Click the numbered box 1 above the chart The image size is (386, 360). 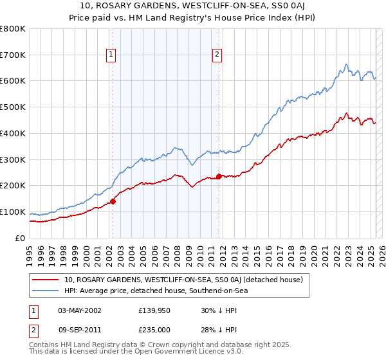pos(111,55)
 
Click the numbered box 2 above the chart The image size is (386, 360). pos(217,55)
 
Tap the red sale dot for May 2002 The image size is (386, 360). pos(113,201)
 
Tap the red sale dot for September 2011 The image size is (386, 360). pos(219,176)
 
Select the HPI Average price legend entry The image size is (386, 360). pos(155,291)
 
